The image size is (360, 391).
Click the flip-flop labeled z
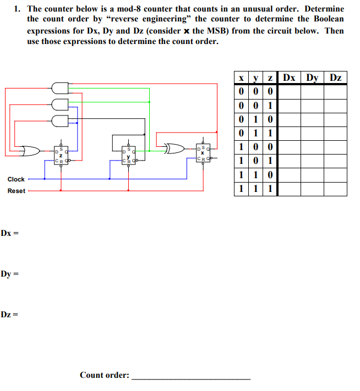pos(61,155)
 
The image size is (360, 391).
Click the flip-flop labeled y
pos(129,155)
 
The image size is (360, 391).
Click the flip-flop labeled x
pos(203,153)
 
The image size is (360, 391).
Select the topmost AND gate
pos(60,88)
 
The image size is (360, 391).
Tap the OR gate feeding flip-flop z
pos(30,151)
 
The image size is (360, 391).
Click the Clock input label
pos(16,179)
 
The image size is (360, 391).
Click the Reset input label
pos(17,191)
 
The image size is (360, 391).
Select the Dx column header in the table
pos(289,78)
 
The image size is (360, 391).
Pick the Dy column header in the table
pos(312,78)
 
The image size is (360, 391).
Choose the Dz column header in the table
pos(336,78)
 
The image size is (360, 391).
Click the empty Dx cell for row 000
pos(290,92)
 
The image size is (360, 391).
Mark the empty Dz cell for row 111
pos(336,189)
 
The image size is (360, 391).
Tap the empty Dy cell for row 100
pos(312,147)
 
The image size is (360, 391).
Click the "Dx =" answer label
pos(9,233)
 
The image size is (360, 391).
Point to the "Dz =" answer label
pos(9,315)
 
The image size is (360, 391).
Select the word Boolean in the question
pos(329,19)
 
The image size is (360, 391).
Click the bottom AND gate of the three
pos(60,121)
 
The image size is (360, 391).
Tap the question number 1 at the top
pos(17,9)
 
